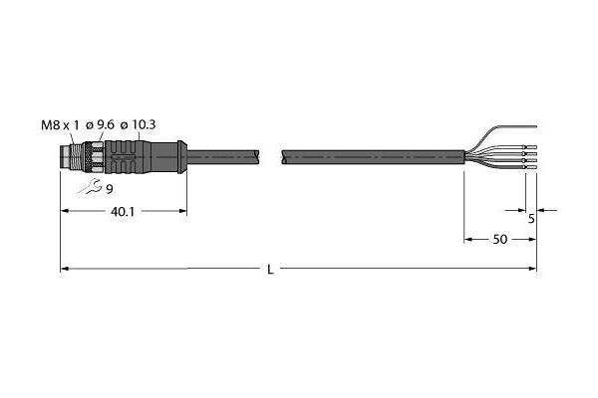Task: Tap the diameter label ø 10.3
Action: pos(140,124)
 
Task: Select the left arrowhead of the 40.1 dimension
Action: pos(65,211)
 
